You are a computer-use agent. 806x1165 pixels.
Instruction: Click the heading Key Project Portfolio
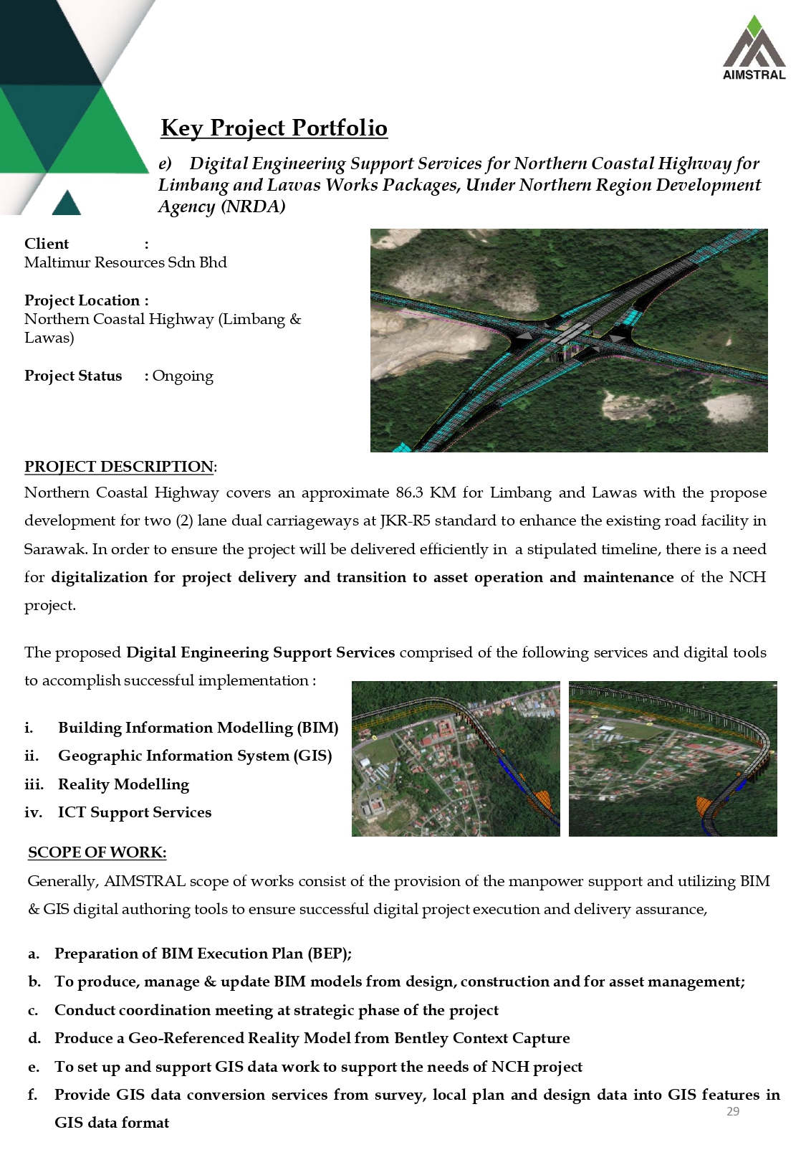[x=274, y=128]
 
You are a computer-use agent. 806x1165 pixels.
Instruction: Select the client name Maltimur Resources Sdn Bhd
[x=125, y=262]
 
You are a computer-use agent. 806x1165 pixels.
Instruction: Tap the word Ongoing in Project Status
[x=183, y=376]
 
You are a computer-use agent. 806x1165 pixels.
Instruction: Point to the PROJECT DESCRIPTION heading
[x=119, y=467]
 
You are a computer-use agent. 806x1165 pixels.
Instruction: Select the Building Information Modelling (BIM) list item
[x=198, y=728]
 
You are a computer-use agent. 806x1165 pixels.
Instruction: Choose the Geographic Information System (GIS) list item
[x=195, y=756]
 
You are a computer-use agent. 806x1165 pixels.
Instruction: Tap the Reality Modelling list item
[x=123, y=784]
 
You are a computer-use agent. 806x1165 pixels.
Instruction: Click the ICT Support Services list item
[x=135, y=812]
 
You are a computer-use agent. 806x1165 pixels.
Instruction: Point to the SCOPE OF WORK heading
[x=97, y=852]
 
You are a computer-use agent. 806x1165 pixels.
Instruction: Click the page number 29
[x=733, y=1111]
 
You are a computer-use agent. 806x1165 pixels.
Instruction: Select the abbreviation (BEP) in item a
[x=330, y=954]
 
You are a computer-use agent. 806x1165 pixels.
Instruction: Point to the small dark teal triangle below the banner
[x=67, y=204]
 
